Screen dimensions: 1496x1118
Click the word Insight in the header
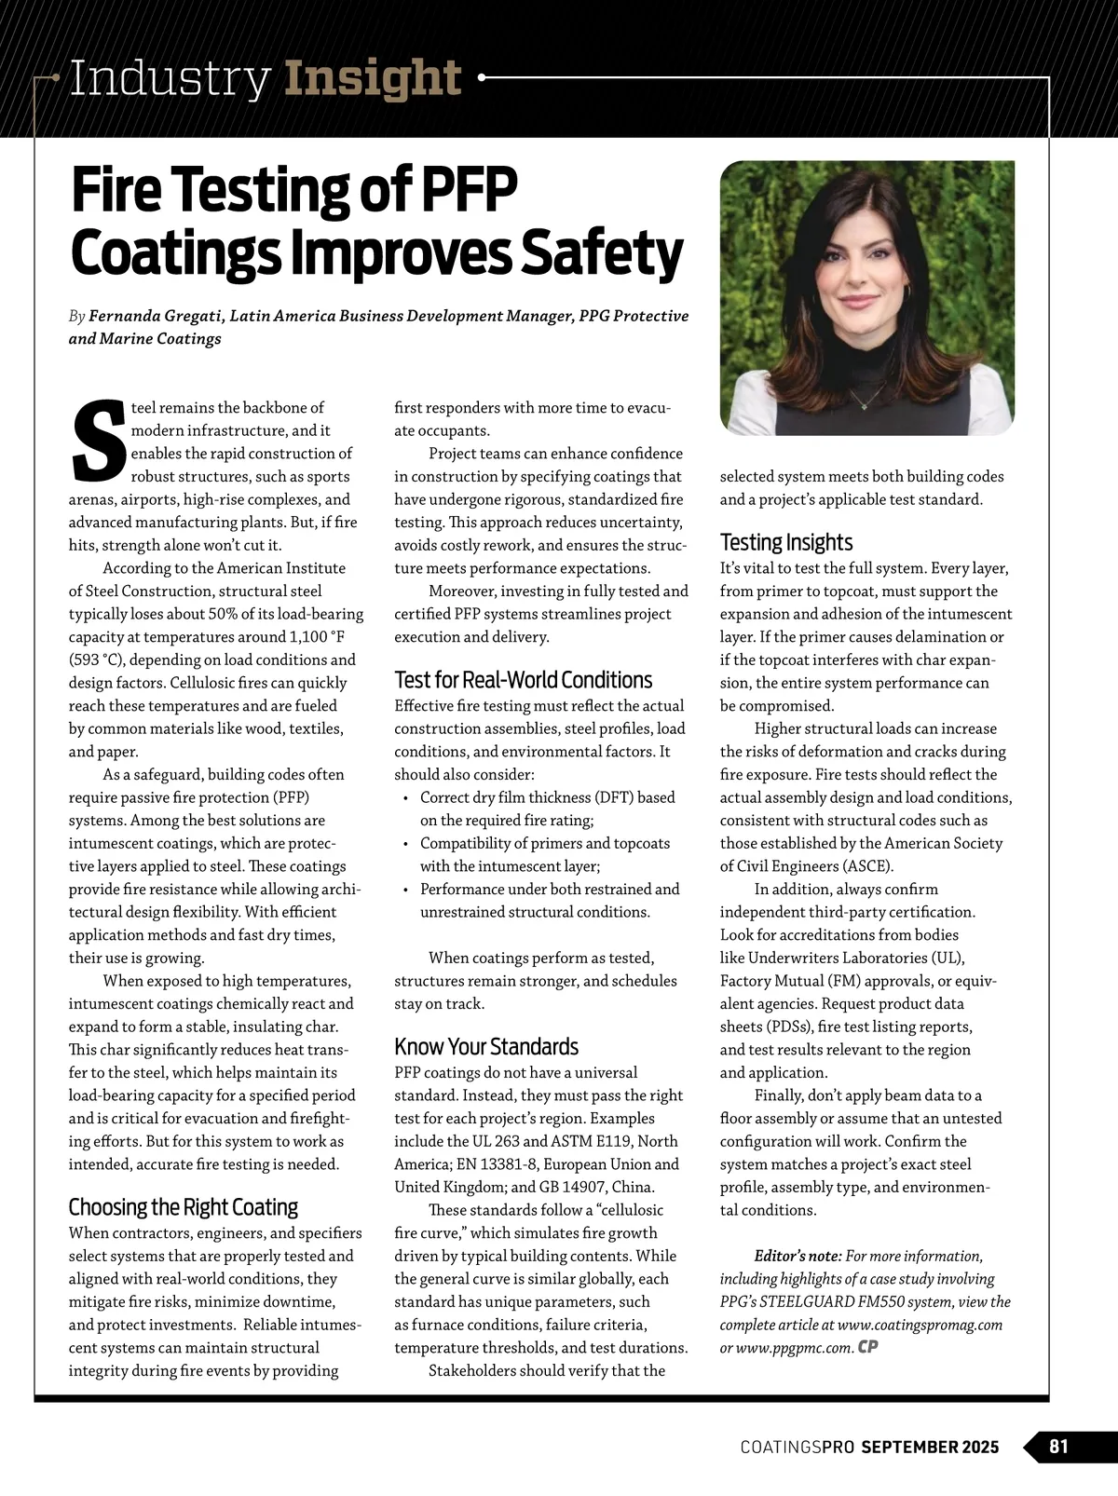point(373,78)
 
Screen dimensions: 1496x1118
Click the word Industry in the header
point(170,78)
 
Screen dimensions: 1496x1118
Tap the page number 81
point(1058,1446)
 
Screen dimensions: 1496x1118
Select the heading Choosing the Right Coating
point(183,1207)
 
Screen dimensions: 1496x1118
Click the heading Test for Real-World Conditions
point(523,680)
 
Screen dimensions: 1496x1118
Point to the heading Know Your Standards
point(486,1046)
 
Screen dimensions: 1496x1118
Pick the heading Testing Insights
point(785,542)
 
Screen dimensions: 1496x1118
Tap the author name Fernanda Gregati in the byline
point(155,316)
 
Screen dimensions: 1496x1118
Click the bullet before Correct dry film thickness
point(405,798)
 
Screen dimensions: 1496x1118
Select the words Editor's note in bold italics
point(798,1256)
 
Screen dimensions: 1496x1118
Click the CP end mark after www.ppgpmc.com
point(868,1347)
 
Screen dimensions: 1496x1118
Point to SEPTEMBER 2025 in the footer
point(930,1447)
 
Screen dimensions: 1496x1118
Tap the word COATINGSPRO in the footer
point(798,1447)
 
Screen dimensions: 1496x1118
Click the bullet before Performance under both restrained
point(405,890)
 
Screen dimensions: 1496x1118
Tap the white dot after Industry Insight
point(482,78)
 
